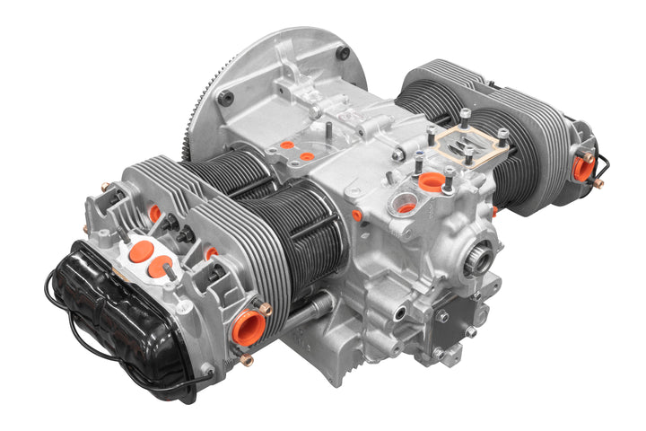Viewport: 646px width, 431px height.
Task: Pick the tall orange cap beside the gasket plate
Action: (432, 182)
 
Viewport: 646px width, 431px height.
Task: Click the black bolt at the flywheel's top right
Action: (342, 54)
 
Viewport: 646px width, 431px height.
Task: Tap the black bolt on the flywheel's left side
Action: (225, 97)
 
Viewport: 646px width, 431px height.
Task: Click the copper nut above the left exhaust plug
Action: (265, 308)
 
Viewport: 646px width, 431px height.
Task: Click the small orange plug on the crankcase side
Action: (356, 215)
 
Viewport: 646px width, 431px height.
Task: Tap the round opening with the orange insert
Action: (406, 207)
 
